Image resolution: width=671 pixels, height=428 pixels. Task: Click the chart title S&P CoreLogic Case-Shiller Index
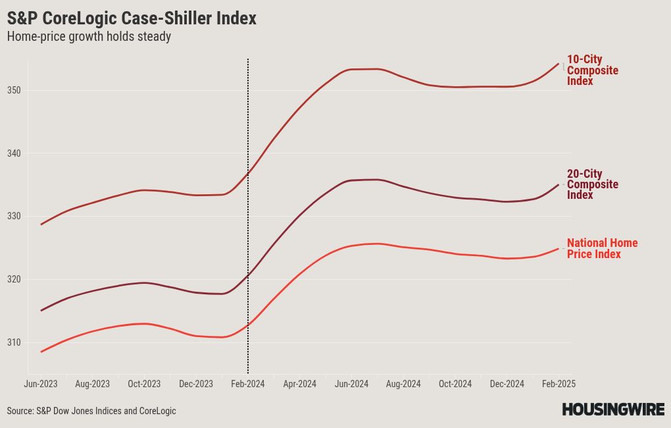132,18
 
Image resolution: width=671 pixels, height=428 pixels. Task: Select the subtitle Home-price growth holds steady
89,36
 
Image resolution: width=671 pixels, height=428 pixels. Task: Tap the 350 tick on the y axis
14,90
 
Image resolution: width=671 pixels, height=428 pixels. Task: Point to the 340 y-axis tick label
14,153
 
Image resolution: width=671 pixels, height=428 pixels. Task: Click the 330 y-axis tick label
14,217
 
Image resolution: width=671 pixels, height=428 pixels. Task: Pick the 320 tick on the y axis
14,279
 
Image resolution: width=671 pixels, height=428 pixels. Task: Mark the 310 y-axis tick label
14,342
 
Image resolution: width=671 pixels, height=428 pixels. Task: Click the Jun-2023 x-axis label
41,384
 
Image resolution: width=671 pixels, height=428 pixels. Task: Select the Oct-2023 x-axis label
144,384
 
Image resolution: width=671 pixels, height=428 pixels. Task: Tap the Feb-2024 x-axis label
248,384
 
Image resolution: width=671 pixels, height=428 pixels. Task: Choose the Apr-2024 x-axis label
299,384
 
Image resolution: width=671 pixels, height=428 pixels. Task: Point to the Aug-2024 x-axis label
403,384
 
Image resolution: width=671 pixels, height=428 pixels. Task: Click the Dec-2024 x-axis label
507,384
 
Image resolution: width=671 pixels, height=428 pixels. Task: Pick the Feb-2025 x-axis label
559,384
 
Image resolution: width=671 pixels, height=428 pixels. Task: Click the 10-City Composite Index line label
593,70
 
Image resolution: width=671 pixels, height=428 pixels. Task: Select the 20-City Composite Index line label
593,184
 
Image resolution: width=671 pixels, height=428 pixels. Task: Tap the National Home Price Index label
603,248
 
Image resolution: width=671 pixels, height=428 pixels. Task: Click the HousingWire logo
613,409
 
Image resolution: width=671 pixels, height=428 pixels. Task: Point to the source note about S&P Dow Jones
91,411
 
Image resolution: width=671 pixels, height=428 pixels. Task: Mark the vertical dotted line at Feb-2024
248,217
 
